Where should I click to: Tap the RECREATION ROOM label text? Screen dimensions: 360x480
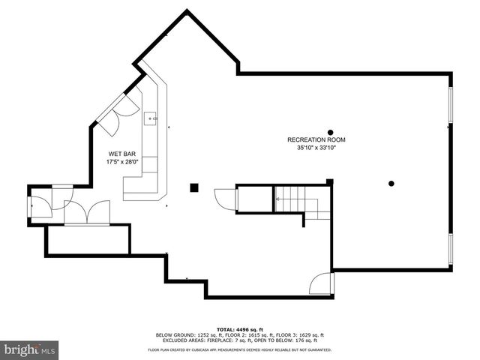click(316, 140)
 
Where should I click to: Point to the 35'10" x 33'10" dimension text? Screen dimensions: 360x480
click(316, 148)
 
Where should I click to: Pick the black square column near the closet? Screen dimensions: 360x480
click(193, 187)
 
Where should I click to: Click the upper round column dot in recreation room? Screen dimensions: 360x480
click(330, 132)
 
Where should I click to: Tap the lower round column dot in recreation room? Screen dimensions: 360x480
click(391, 183)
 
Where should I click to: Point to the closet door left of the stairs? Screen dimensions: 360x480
click(226, 199)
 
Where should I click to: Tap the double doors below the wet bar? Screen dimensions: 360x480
click(87, 211)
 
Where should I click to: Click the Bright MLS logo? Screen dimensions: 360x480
click(31, 349)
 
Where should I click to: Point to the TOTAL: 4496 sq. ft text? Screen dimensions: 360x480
click(240, 329)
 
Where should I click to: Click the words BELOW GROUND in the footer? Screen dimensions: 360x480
click(173, 334)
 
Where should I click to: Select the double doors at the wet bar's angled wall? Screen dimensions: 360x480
click(118, 109)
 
